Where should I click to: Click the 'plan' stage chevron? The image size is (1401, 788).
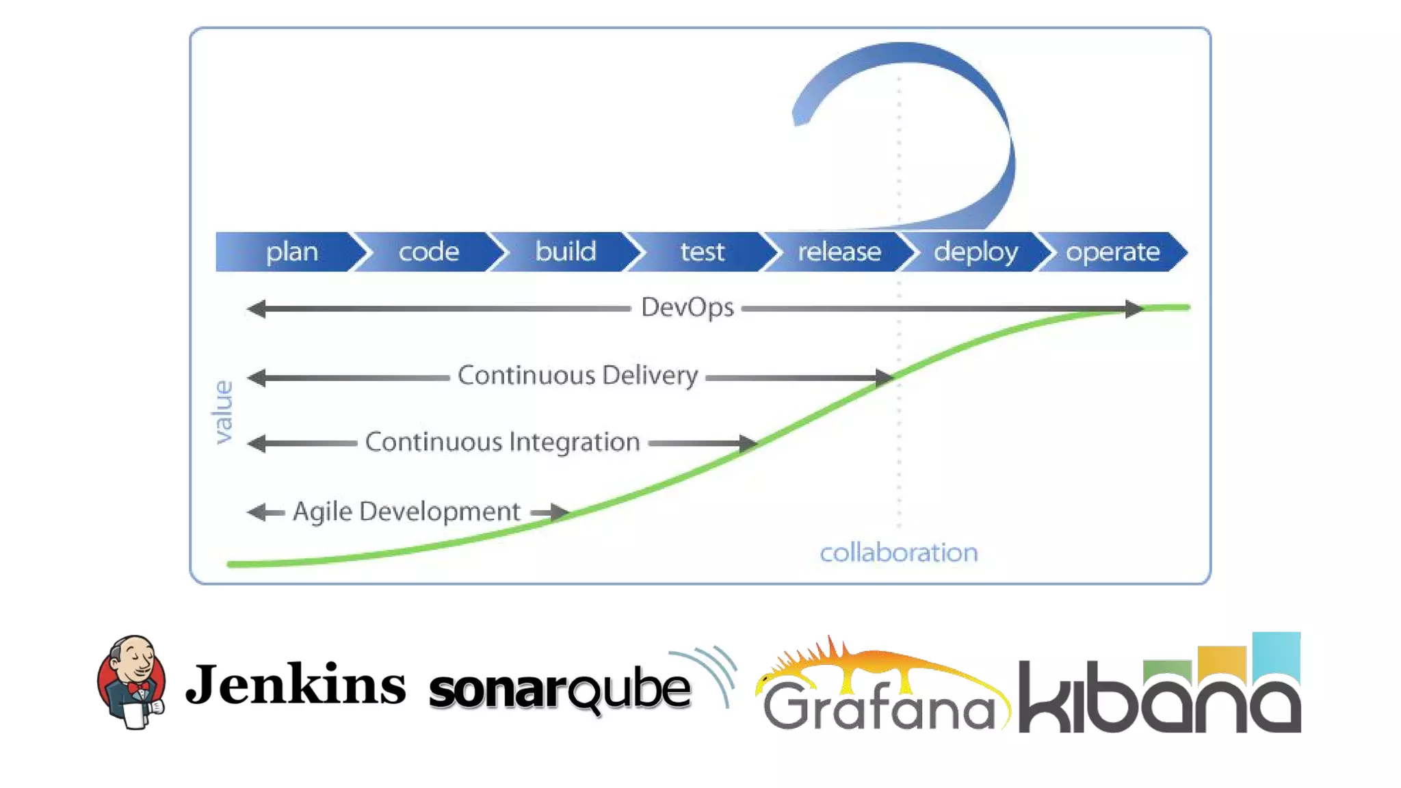(291, 252)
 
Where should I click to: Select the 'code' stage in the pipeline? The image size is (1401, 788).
(429, 252)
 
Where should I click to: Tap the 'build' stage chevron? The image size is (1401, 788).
(566, 252)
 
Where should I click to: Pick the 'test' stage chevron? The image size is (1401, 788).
(703, 252)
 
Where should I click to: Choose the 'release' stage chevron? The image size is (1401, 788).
(839, 252)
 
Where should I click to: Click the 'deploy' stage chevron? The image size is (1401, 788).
(976, 252)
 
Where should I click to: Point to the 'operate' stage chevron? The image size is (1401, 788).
(1113, 252)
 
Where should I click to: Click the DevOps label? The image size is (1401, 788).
(687, 308)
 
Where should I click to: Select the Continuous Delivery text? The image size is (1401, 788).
(577, 376)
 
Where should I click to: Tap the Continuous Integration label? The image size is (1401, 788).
(502, 443)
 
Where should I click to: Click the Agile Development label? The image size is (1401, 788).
(406, 512)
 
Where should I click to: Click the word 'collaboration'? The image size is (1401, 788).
(899, 553)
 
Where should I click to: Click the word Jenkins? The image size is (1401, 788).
(296, 684)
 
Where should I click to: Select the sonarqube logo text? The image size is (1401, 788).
(560, 689)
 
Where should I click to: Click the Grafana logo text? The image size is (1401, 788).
(880, 706)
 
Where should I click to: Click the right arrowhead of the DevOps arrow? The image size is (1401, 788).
(1134, 309)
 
